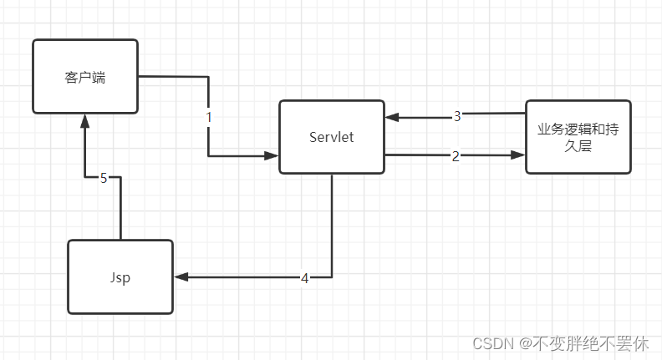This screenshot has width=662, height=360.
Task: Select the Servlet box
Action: [332, 137]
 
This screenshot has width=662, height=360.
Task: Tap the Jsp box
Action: [120, 276]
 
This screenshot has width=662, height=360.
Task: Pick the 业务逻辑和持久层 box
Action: [578, 136]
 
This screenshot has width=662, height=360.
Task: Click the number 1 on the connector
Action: [208, 118]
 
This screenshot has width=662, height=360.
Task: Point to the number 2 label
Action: [456, 155]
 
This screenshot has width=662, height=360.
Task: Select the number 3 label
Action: [457, 116]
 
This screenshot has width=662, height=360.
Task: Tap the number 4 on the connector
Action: [304, 277]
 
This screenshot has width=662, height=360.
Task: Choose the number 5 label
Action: [104, 177]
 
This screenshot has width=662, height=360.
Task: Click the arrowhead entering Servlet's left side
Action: [272, 155]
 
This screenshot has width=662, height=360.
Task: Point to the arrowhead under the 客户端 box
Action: [84, 121]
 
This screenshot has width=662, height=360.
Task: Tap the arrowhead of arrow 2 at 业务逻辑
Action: [518, 155]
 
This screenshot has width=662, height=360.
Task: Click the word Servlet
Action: [332, 137]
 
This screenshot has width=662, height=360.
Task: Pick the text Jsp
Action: [120, 277]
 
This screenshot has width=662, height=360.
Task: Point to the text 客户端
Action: [84, 78]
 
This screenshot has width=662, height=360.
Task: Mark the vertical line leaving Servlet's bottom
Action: [332, 226]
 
